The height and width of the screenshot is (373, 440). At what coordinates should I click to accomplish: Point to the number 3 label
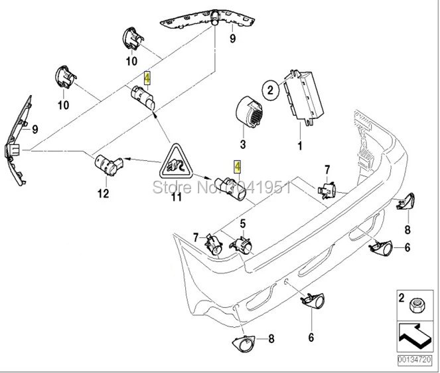[242, 144]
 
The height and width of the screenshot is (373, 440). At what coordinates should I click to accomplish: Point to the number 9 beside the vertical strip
[35, 129]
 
